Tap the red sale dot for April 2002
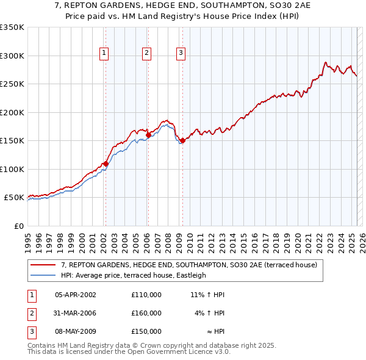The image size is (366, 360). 106,164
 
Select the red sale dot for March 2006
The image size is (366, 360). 148,135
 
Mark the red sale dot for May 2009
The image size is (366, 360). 182,141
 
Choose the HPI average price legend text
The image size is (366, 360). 134,275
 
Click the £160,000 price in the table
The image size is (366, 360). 146,313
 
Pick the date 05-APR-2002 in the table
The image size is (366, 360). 75,295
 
